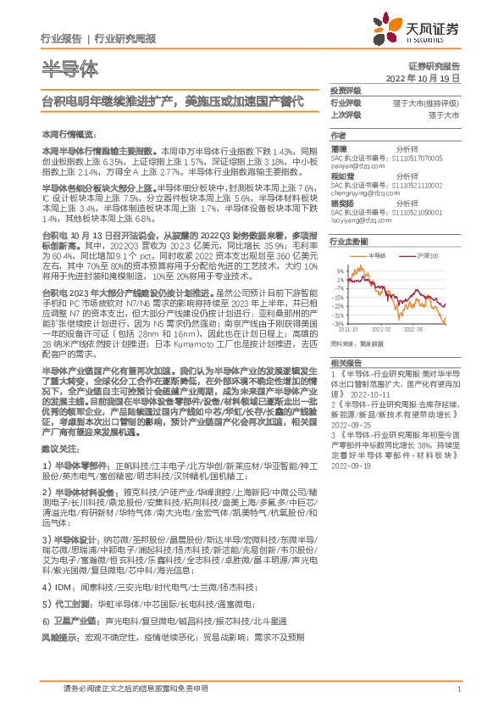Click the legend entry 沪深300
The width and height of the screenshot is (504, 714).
427,255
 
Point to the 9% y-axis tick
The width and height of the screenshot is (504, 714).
340,265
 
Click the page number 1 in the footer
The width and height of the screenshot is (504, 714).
458,689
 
